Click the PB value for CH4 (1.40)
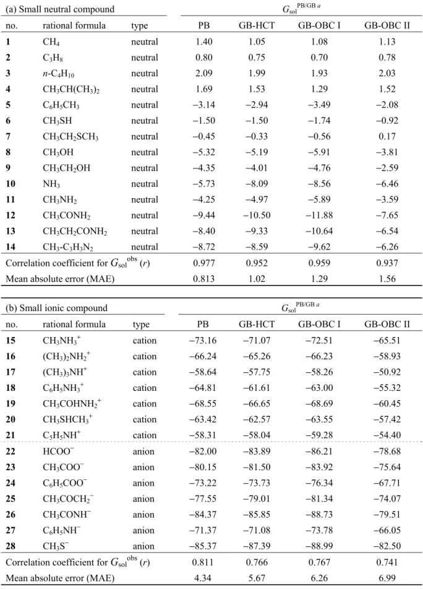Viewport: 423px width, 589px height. (x=204, y=41)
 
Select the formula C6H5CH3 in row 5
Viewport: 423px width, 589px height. (x=61, y=105)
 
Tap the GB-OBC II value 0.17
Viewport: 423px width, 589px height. (x=387, y=136)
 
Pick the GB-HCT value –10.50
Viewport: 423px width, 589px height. (x=257, y=215)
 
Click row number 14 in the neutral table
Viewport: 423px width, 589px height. (x=11, y=247)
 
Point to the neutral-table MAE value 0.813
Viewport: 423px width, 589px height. (x=204, y=278)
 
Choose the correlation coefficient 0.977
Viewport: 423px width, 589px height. (x=204, y=263)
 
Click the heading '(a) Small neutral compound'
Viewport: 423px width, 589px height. (x=60, y=9)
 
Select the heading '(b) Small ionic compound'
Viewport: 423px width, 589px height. (x=56, y=308)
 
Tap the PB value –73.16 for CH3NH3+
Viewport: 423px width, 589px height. (x=203, y=340)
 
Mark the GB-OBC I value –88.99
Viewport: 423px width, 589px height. (x=319, y=546)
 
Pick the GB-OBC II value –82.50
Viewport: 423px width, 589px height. (x=387, y=546)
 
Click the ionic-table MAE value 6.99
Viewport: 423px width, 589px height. (x=387, y=578)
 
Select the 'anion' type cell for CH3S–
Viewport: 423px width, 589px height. (x=143, y=546)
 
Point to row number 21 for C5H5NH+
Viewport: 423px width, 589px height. (x=11, y=435)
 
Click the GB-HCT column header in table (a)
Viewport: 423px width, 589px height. (x=257, y=25)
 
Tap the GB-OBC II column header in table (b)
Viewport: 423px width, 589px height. (x=387, y=324)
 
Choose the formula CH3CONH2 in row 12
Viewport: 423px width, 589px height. (x=66, y=216)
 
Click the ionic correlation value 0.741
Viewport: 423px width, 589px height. (x=387, y=562)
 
